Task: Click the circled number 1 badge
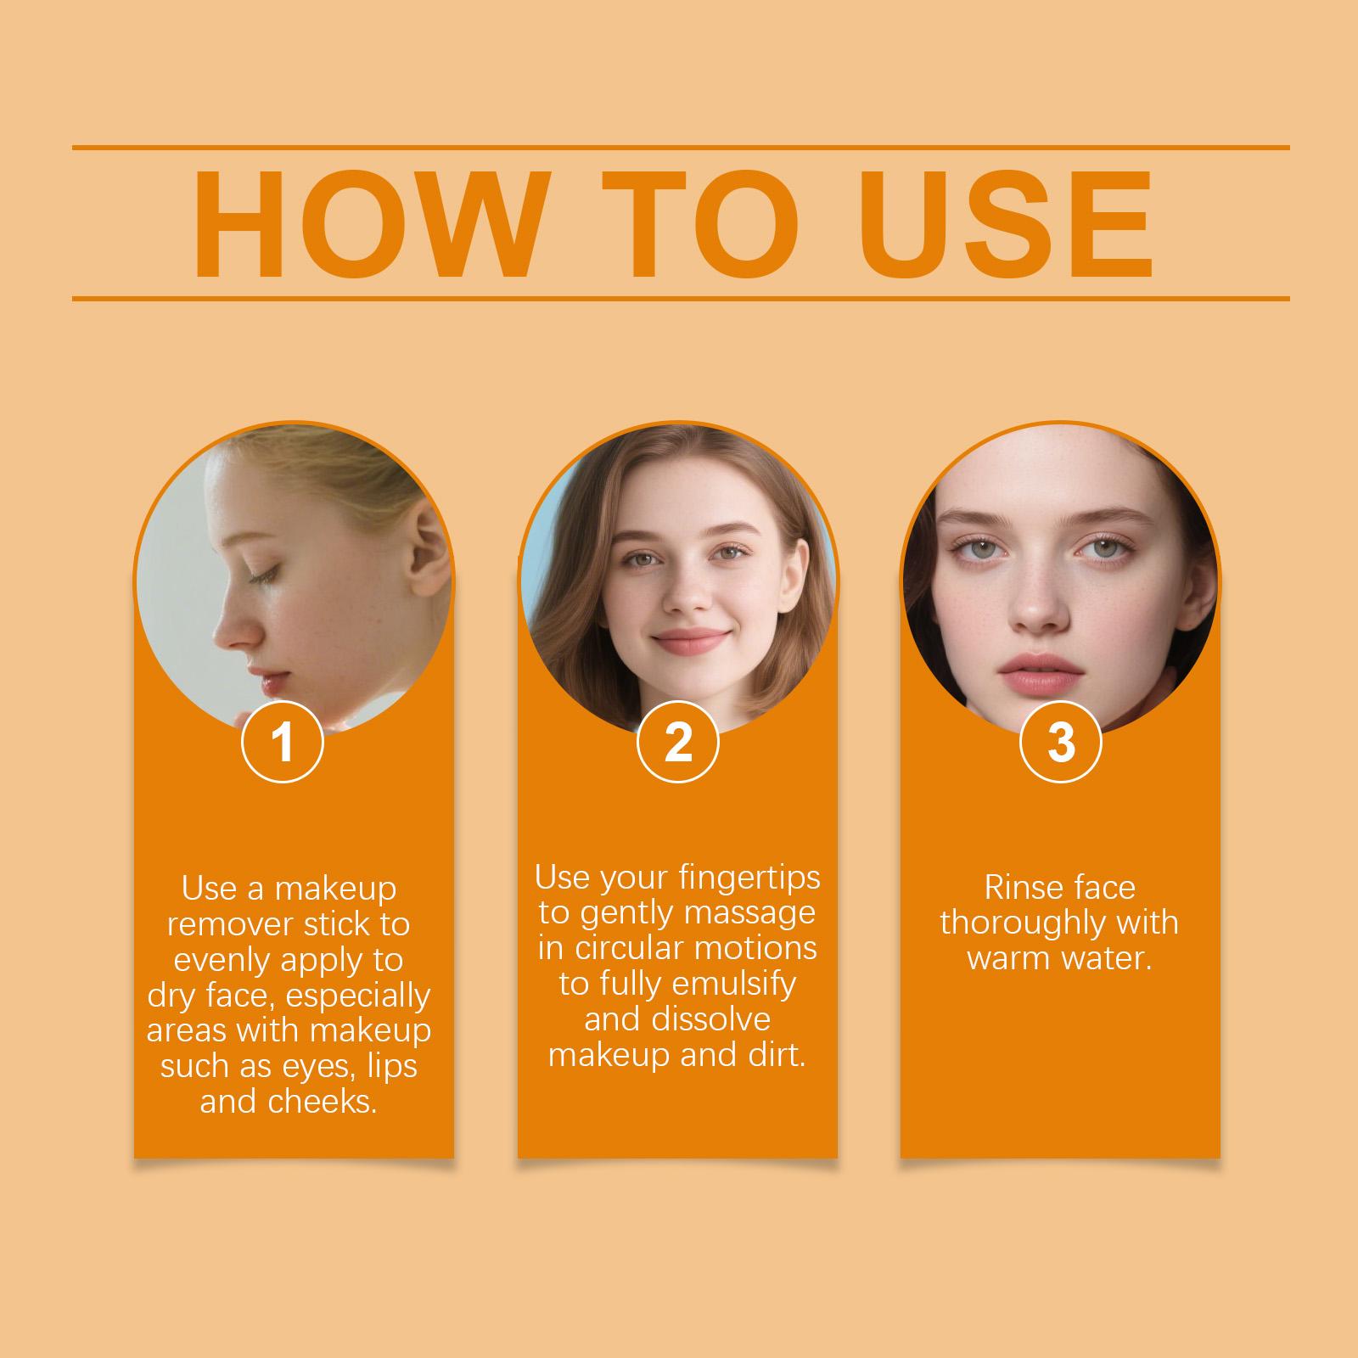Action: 283,741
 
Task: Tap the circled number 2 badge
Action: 678,741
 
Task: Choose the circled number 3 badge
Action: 1061,741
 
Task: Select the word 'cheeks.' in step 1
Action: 323,1102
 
